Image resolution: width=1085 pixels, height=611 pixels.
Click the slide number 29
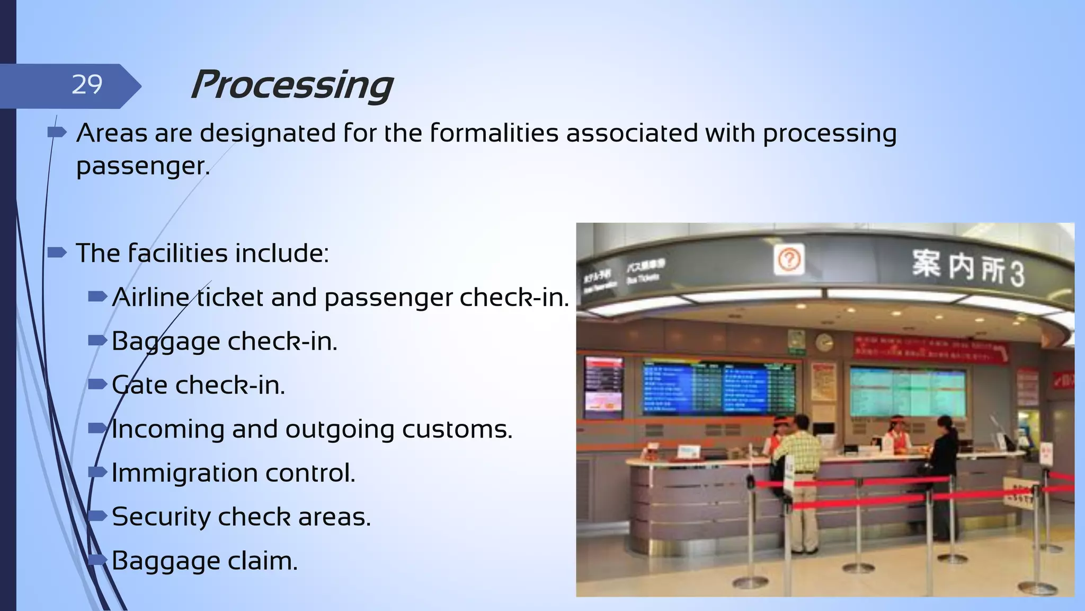[87, 85]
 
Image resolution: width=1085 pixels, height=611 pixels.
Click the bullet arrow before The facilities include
[57, 252]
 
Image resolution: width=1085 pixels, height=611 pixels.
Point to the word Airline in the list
[151, 297]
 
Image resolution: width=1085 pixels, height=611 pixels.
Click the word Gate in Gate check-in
[140, 385]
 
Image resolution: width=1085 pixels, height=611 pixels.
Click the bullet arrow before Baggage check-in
[97, 341]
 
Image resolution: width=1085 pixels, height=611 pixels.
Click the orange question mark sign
[789, 260]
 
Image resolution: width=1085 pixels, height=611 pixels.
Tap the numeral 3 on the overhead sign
[1016, 274]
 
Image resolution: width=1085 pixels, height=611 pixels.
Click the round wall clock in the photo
[824, 343]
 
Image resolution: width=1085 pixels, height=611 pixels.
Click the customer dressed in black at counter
[944, 467]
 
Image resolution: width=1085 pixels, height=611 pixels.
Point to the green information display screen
[908, 392]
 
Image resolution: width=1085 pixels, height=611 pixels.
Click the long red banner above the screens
[930, 350]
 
